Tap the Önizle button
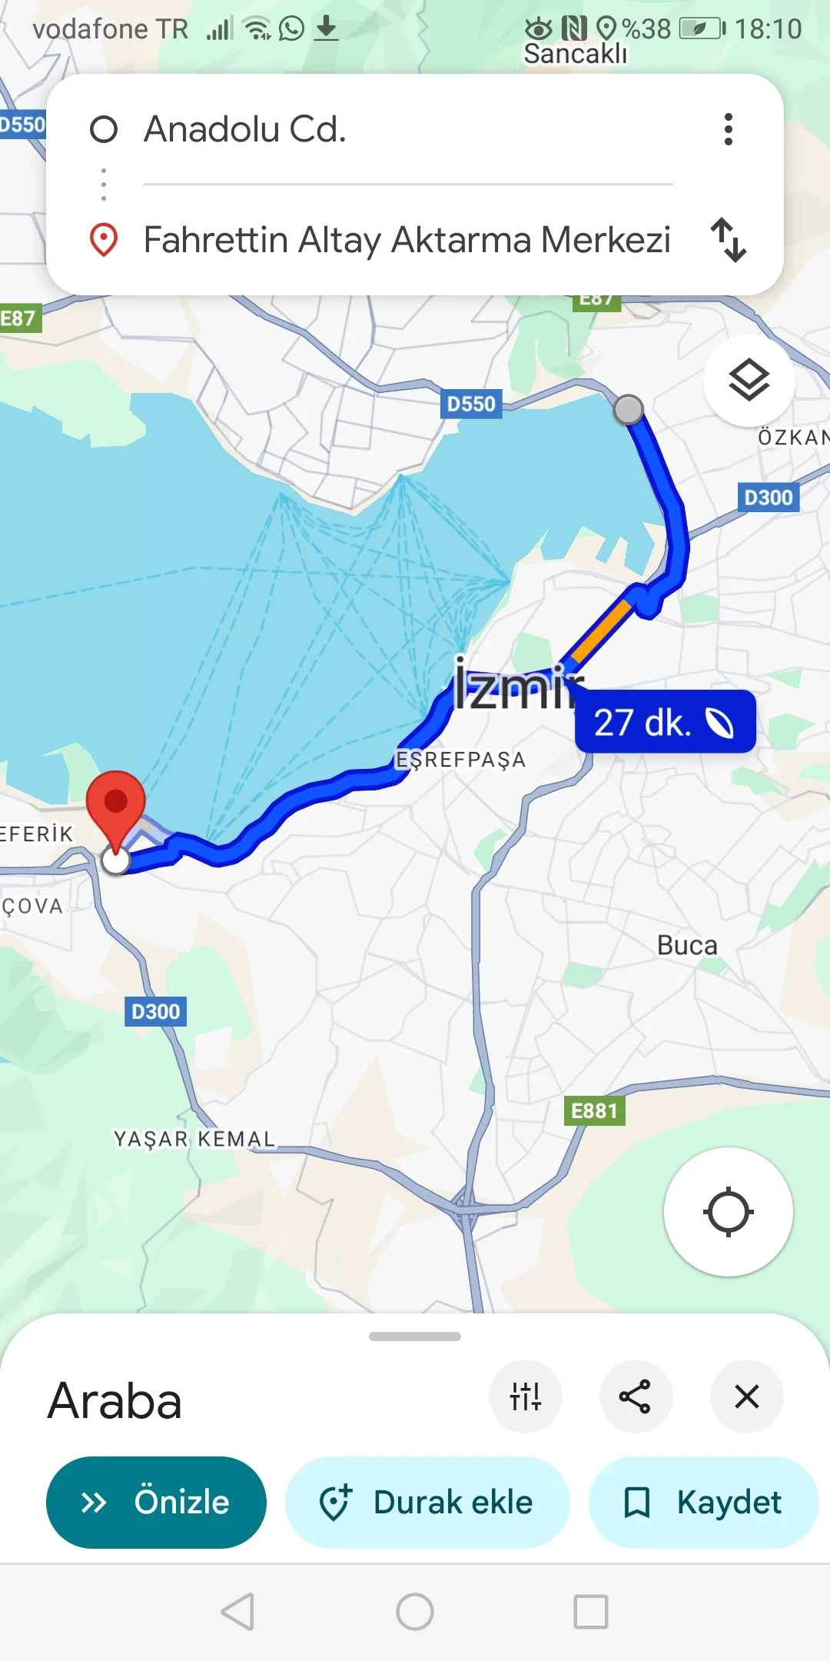156,1502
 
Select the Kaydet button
703,1502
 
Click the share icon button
636,1396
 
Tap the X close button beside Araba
746,1396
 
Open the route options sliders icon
526,1396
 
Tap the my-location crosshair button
728,1212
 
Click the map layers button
749,381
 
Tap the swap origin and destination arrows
728,240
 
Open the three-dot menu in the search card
728,129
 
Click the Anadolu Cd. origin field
246,129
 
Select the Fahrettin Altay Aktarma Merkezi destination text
407,240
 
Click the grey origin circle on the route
629,409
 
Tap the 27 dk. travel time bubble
665,722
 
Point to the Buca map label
687,945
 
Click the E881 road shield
594,1110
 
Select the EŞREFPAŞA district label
460,760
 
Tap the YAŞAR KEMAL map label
194,1138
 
